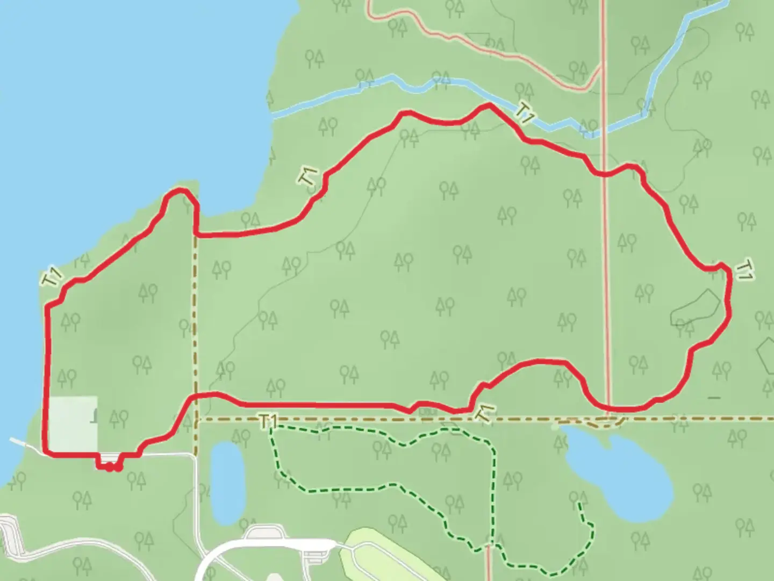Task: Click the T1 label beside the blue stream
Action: point(525,112)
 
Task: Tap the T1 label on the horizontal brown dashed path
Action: point(268,421)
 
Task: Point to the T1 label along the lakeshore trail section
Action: point(52,277)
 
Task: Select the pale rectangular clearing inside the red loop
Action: point(73,424)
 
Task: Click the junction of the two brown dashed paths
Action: point(196,419)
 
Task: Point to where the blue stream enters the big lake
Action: point(273,115)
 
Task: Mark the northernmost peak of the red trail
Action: point(489,105)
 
